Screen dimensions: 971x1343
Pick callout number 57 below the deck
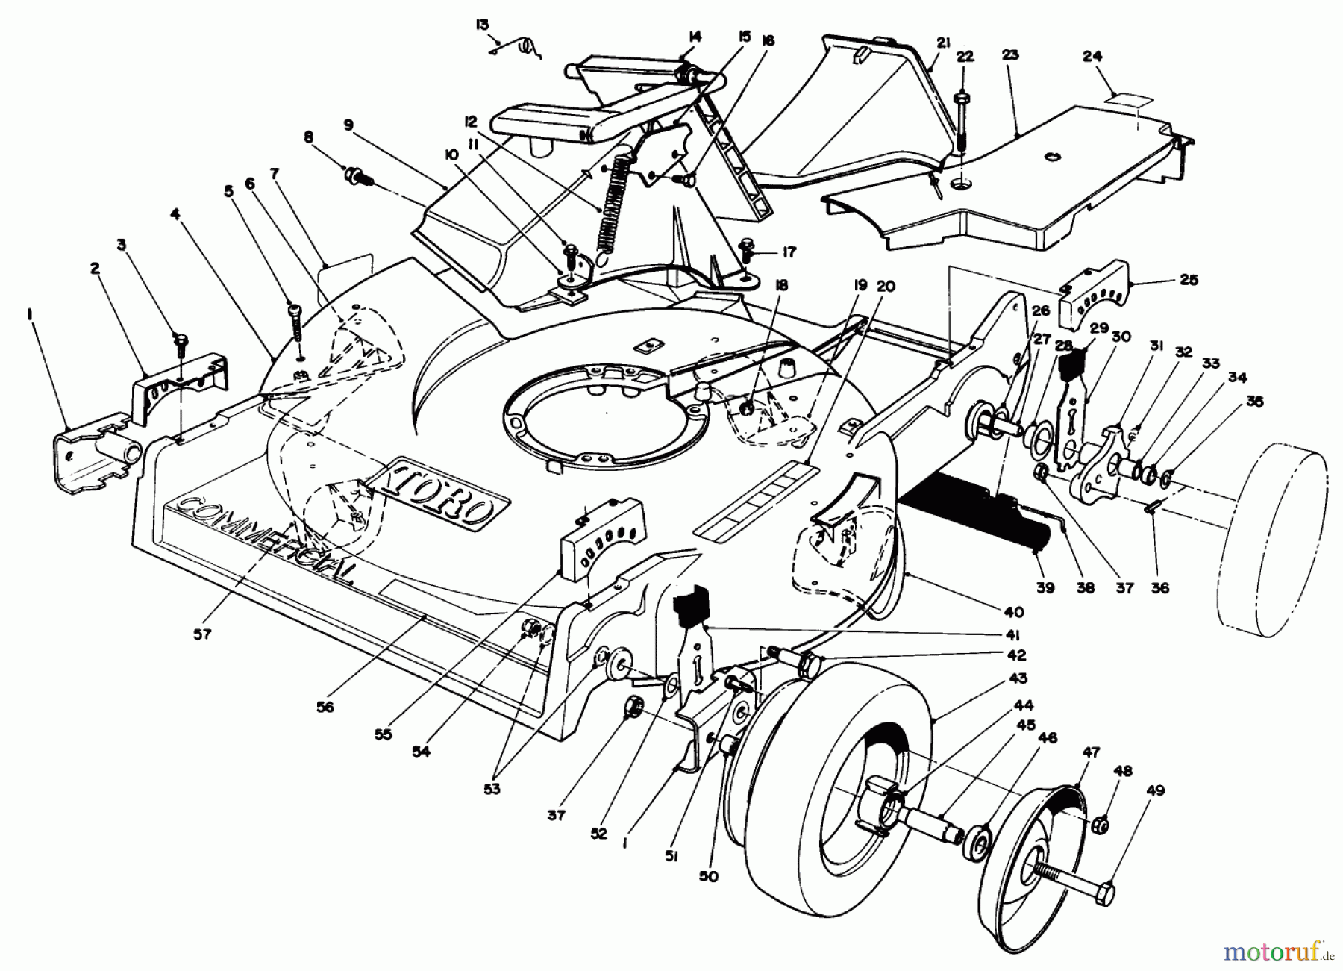click(202, 634)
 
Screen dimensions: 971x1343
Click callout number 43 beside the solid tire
click(1018, 678)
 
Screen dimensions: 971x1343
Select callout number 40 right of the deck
click(1013, 612)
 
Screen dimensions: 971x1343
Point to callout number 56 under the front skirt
click(325, 706)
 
